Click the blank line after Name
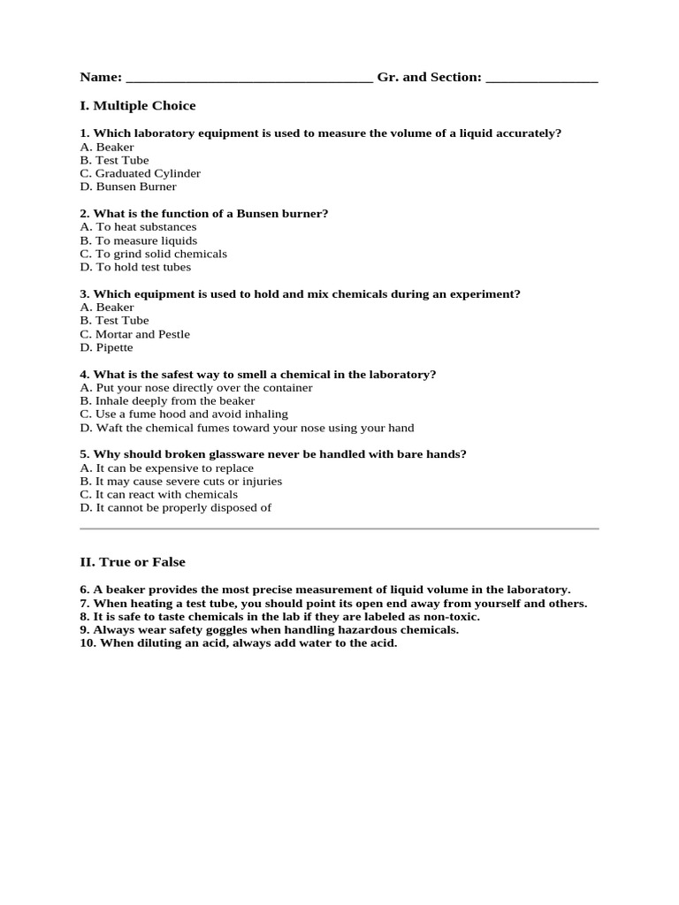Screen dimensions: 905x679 (249, 80)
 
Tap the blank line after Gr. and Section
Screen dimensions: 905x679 (542, 80)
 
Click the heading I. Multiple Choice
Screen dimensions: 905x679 (138, 106)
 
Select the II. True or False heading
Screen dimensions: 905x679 (133, 562)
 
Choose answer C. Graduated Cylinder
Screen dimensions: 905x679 (140, 173)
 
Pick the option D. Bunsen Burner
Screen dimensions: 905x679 (128, 186)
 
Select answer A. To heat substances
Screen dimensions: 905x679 (138, 227)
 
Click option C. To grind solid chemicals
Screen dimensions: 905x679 (153, 254)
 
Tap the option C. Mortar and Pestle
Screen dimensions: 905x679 (134, 334)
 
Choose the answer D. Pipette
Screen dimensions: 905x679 (106, 347)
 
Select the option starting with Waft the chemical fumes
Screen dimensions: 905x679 (247, 428)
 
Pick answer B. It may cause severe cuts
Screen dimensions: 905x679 (180, 482)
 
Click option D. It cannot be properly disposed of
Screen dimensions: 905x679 (175, 508)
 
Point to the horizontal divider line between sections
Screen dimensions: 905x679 (339, 529)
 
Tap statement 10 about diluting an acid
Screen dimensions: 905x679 (239, 643)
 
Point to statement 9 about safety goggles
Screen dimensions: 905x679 (269, 630)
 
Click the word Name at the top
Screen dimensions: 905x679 (100, 78)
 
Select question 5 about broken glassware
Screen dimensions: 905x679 (273, 454)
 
